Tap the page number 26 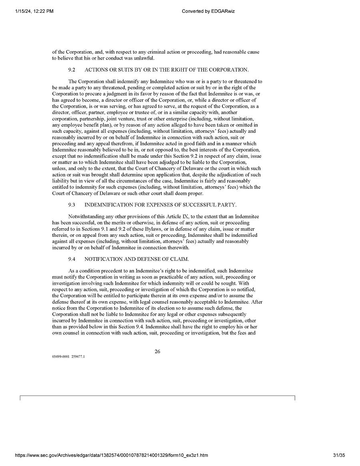coord(158,352)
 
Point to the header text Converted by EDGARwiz coord(208,11)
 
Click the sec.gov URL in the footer coord(111,455)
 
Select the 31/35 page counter coord(338,455)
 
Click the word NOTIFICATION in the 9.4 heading coord(103,259)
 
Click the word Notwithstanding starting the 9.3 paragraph coord(86,216)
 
